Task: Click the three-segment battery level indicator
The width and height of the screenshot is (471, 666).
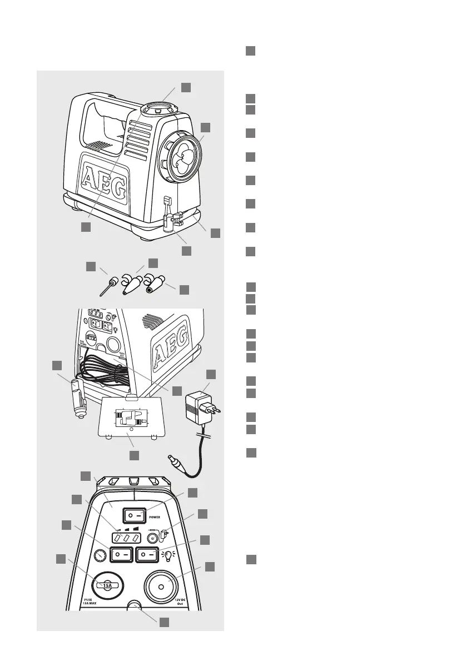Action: pos(123,538)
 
